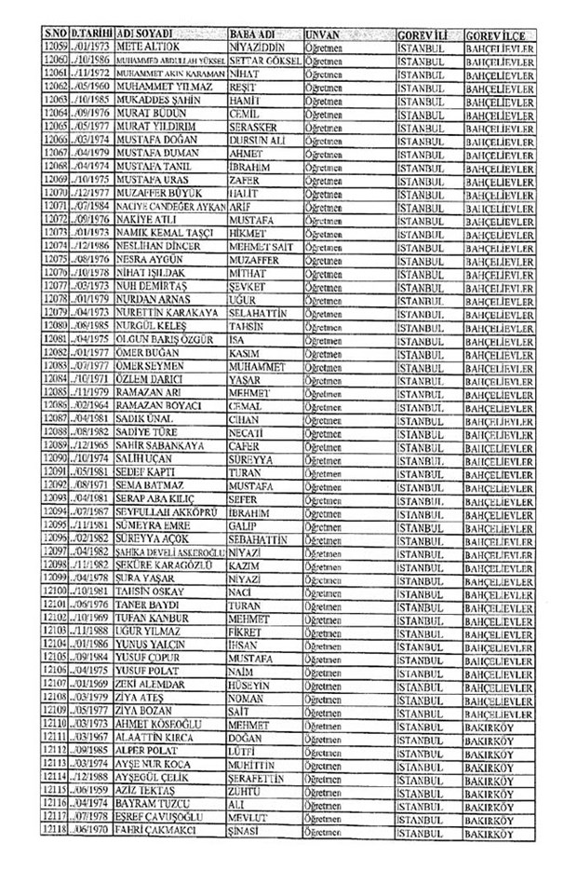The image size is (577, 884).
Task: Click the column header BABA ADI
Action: tap(253, 33)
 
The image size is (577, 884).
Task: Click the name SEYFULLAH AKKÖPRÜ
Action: tap(141, 511)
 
